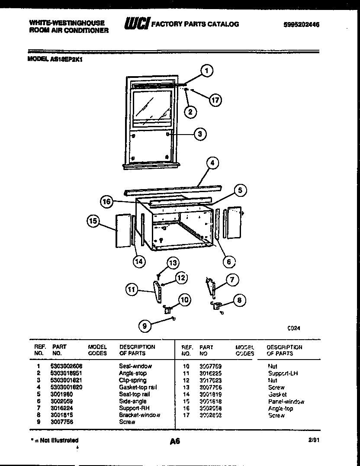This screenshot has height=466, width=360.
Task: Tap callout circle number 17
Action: click(x=215, y=100)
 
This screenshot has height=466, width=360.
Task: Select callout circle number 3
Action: click(x=199, y=134)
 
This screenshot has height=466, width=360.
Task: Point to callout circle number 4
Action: click(x=212, y=164)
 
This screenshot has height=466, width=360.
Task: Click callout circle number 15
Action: click(x=93, y=221)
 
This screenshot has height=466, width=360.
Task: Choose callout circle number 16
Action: click(x=107, y=201)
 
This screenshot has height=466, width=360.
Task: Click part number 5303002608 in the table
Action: click(x=66, y=366)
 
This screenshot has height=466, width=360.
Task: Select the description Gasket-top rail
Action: click(x=138, y=387)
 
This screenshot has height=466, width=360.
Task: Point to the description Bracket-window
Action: click(x=139, y=415)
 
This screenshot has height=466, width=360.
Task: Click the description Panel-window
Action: click(x=286, y=402)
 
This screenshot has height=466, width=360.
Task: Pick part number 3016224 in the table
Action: click(x=61, y=408)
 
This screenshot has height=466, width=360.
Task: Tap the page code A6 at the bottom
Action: click(x=175, y=442)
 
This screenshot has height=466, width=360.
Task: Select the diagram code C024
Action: click(x=294, y=328)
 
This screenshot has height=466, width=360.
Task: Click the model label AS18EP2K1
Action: click(x=55, y=61)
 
